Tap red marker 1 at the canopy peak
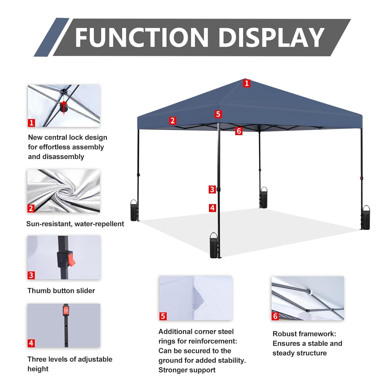click(x=247, y=83)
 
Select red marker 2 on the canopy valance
click(x=172, y=120)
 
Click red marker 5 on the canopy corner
click(x=218, y=114)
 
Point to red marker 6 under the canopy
click(x=239, y=131)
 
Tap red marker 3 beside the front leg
click(x=212, y=189)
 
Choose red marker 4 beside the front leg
click(x=212, y=208)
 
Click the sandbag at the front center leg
click(x=214, y=246)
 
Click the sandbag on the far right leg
click(x=366, y=218)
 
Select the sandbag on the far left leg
click(x=134, y=211)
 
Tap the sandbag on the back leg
click(x=264, y=198)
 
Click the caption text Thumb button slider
click(x=61, y=291)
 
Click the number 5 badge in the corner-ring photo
click(x=163, y=316)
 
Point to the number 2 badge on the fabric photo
click(x=31, y=208)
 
